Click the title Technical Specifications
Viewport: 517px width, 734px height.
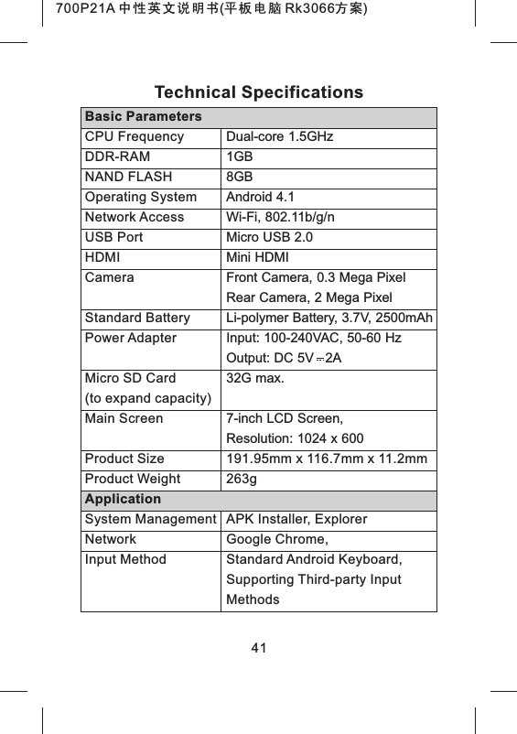pos(258,92)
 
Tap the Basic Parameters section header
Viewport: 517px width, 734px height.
pos(143,118)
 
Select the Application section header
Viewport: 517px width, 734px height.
pos(123,500)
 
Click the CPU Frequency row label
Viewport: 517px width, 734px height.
pos(134,137)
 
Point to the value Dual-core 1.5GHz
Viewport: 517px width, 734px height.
pos(279,137)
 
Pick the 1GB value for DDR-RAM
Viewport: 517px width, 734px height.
pos(240,157)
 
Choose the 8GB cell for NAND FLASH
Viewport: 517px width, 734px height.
pos(240,178)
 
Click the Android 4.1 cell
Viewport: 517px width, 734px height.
pos(261,198)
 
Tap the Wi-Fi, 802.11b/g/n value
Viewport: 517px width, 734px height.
pos(280,218)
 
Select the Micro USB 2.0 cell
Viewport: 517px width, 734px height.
pos(271,238)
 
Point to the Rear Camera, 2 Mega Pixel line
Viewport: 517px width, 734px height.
pos(309,298)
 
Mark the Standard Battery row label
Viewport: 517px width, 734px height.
pos(137,318)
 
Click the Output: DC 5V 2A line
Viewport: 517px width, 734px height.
pos(284,358)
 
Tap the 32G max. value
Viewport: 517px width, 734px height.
pos(254,378)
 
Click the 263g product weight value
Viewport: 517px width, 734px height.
pos(242,479)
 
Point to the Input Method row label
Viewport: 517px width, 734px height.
pos(125,559)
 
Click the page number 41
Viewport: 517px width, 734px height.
pos(258,649)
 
